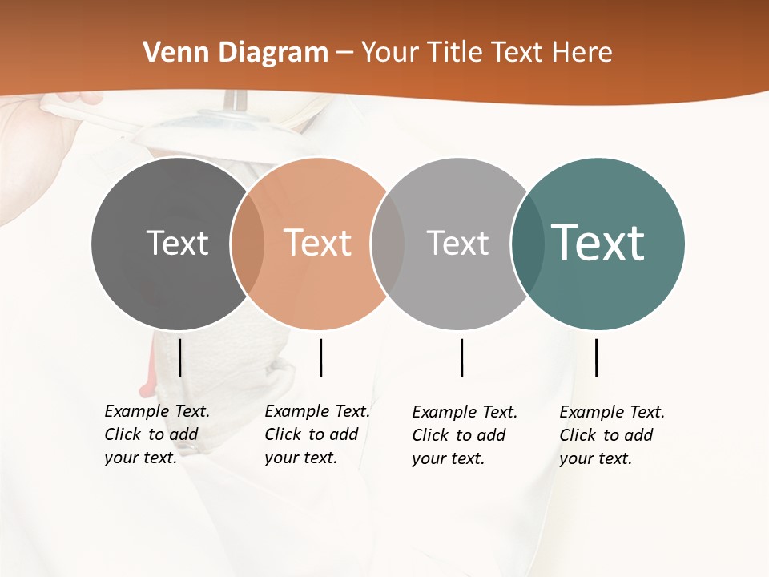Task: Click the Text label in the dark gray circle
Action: (x=177, y=243)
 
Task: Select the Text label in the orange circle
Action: (x=318, y=243)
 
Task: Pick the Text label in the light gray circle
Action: (x=457, y=243)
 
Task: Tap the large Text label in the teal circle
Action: (x=598, y=243)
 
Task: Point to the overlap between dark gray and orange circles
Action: (x=248, y=244)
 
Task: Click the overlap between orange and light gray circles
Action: (x=388, y=244)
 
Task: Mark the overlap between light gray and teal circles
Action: (x=527, y=244)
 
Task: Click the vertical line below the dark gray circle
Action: (x=180, y=357)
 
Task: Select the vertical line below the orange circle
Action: (x=320, y=357)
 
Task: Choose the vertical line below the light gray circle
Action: (x=462, y=357)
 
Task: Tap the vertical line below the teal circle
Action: (x=597, y=357)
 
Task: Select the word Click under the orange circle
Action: (x=282, y=434)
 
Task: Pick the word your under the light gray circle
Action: (x=429, y=459)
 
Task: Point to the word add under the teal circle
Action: (x=639, y=435)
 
